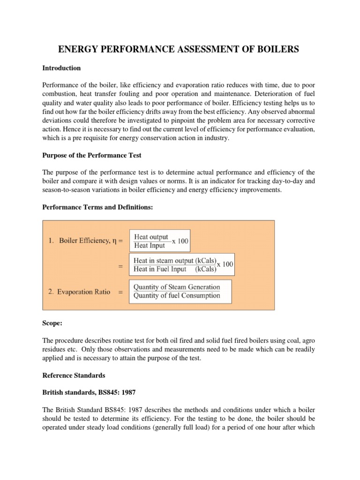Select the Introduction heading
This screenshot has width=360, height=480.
click(61, 68)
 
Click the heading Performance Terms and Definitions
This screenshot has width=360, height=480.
click(98, 207)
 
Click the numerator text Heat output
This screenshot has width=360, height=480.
click(151, 237)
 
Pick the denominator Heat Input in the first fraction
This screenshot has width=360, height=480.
click(150, 246)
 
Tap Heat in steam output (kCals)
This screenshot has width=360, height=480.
click(174, 261)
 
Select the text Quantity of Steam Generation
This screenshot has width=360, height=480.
click(177, 287)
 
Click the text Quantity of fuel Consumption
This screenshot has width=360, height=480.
click(177, 295)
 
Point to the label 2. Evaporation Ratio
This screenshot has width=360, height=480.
click(79, 292)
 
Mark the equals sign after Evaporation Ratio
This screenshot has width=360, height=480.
click(120, 292)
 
